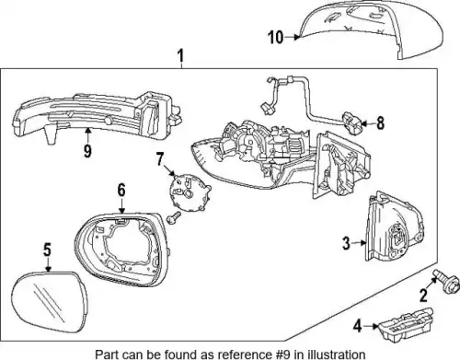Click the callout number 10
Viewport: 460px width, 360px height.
click(x=276, y=38)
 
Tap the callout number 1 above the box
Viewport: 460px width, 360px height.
click(x=181, y=56)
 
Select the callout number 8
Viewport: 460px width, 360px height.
click(x=380, y=123)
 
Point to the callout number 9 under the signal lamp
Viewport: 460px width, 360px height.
click(x=87, y=151)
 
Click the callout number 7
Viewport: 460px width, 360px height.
click(x=160, y=158)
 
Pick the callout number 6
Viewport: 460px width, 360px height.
click(x=121, y=190)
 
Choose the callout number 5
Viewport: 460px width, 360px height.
click(x=47, y=250)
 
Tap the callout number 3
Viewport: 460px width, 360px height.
click(x=346, y=243)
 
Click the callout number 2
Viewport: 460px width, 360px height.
click(x=423, y=296)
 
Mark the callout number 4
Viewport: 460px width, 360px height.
click(x=358, y=326)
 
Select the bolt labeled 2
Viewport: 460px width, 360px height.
click(x=445, y=281)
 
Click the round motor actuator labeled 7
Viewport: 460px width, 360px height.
click(x=188, y=192)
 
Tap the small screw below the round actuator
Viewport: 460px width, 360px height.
click(x=173, y=218)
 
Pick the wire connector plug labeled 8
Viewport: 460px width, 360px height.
click(x=352, y=123)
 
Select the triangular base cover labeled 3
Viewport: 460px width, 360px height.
click(x=395, y=228)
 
